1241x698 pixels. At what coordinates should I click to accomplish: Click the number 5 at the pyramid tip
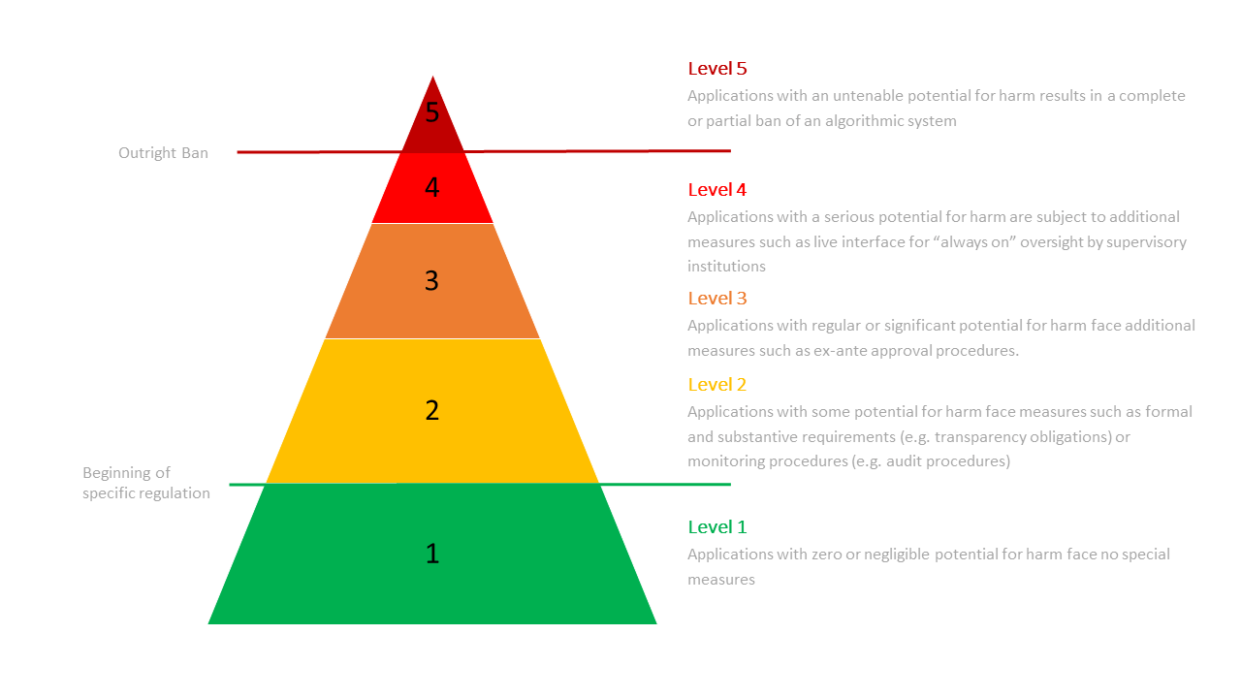pos(432,112)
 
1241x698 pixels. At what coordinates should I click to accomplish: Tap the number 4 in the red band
pos(432,187)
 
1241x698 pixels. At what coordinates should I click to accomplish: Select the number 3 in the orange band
pos(432,280)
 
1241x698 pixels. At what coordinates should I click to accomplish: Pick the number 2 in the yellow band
pos(432,410)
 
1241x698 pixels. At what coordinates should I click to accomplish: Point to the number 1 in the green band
pos(432,554)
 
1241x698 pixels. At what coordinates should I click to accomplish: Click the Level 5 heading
pos(717,69)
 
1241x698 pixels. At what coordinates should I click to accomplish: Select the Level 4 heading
pos(717,190)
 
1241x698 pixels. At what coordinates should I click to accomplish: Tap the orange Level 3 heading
pos(717,299)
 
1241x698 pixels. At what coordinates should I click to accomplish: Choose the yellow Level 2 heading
pos(717,385)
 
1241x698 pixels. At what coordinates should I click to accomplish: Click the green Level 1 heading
pos(717,527)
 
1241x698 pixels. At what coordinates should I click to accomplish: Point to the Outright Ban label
pos(163,153)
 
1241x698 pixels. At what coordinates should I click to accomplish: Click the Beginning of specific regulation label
pos(145,483)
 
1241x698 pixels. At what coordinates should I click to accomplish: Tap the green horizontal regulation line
pos(669,484)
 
